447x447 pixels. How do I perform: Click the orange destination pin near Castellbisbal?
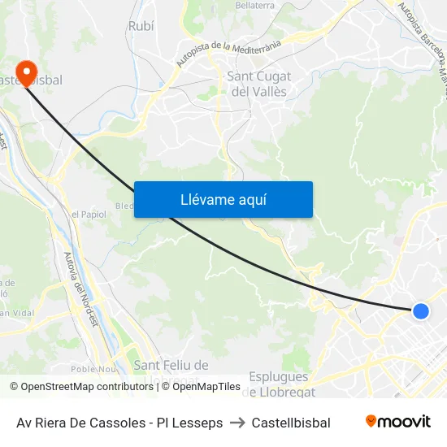(26, 73)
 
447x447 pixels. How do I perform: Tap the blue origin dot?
(420, 310)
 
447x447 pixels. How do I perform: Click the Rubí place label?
(141, 27)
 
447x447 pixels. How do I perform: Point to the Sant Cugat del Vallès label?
(258, 84)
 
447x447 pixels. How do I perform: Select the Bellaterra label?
(254, 5)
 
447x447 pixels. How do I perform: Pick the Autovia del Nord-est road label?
(80, 289)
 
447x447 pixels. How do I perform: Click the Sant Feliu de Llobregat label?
(170, 372)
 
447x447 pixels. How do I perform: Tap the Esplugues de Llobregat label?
(278, 384)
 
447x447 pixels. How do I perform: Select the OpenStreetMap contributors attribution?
(81, 387)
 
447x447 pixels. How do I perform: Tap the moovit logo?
(398, 422)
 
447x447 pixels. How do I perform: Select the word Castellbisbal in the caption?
(291, 423)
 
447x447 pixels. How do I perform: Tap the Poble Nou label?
(94, 367)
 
